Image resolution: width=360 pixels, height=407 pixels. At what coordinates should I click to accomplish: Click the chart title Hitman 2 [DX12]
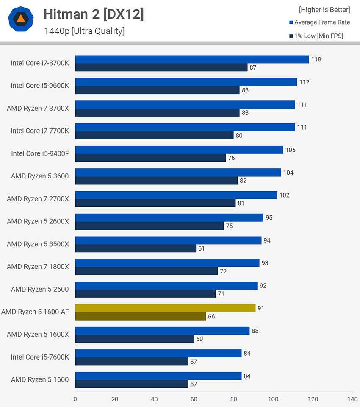tap(94, 14)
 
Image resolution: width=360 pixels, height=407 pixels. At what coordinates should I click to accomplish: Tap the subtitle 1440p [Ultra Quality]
tap(84, 31)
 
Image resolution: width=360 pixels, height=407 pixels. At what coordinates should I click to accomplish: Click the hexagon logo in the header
tap(21, 19)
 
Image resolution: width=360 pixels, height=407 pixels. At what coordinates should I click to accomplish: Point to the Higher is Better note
tap(324, 10)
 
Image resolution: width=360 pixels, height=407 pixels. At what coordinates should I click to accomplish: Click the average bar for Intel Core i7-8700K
tap(192, 59)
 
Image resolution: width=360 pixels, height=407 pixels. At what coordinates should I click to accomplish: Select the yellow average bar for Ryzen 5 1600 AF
tap(165, 308)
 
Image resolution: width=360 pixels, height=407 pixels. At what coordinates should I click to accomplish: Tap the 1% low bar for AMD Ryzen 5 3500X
tap(136, 248)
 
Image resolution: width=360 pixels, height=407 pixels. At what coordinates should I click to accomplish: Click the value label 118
tap(316, 59)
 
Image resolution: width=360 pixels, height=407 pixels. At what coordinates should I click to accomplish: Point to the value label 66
tap(211, 316)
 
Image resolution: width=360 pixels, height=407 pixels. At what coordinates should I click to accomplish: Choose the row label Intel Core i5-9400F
tap(40, 153)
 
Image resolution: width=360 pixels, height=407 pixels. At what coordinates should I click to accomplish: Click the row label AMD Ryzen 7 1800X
tap(38, 267)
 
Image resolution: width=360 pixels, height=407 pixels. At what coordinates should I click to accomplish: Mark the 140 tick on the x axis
tap(352, 399)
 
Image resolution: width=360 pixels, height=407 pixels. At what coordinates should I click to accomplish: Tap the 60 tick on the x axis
tap(194, 399)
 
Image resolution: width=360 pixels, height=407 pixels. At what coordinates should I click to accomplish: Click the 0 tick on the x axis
tap(75, 399)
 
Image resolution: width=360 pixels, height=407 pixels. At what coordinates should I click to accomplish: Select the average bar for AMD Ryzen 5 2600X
tap(169, 217)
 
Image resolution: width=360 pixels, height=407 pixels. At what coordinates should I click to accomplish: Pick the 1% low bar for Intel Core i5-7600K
tap(132, 362)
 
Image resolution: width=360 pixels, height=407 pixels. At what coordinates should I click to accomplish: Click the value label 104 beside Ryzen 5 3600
tap(288, 173)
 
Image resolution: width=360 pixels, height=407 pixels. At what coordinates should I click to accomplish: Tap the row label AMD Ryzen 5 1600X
tap(38, 335)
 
